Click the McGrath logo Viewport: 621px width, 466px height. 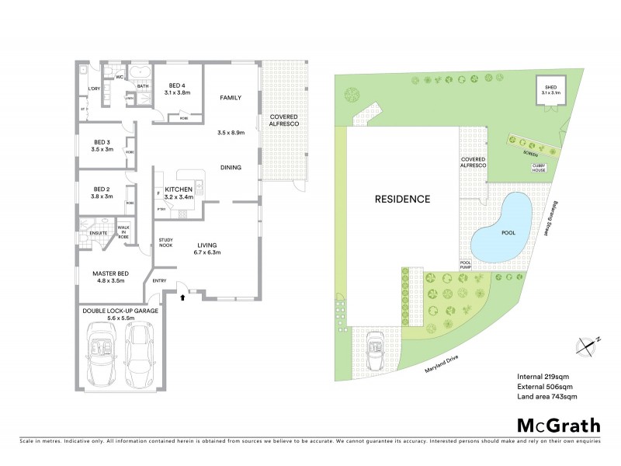(557, 425)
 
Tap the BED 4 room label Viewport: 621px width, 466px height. (177, 89)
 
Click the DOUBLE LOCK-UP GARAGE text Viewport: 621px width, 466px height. (120, 314)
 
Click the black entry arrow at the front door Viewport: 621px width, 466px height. (183, 296)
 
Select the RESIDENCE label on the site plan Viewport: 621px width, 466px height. (403, 199)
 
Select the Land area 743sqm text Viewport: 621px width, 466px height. (547, 397)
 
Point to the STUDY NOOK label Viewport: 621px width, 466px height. (166, 243)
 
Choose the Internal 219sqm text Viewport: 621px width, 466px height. (543, 377)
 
